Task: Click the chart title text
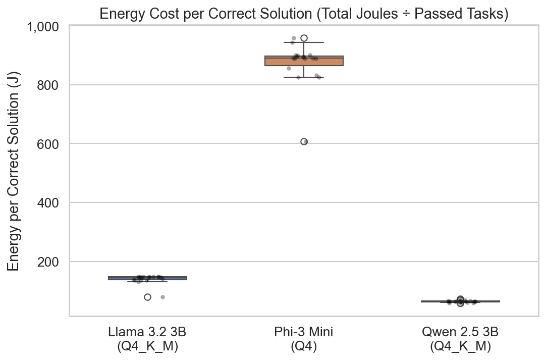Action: click(x=303, y=14)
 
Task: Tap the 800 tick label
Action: click(x=50, y=85)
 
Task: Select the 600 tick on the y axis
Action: click(x=50, y=144)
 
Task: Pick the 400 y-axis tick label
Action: click(x=50, y=202)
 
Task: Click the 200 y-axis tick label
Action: click(x=50, y=262)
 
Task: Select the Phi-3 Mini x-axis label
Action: click(x=304, y=332)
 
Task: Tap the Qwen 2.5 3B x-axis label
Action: click(x=460, y=332)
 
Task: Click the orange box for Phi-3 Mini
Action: click(x=304, y=61)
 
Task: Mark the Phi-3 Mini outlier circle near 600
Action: click(x=304, y=141)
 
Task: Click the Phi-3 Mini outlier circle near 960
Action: click(x=304, y=38)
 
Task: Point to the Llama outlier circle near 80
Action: click(x=147, y=297)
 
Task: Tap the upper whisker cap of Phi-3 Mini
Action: click(x=304, y=42)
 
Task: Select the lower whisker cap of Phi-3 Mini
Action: click(x=304, y=77)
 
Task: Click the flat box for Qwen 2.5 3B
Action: click(x=460, y=301)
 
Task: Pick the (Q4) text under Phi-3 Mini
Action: click(x=304, y=347)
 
